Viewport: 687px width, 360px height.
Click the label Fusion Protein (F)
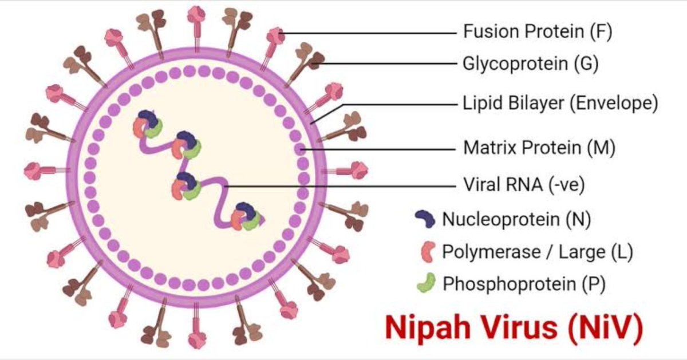[x=537, y=31]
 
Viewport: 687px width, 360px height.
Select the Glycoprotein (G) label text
[x=530, y=64]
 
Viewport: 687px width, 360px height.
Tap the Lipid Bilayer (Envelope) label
[x=560, y=104]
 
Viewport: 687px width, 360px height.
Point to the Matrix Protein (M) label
[x=539, y=148]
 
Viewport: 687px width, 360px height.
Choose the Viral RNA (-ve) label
[x=523, y=185]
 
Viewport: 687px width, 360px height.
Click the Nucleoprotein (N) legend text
[x=516, y=219]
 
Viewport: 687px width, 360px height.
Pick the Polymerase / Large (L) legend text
[x=537, y=251]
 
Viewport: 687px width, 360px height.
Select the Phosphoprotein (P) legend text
[x=524, y=284]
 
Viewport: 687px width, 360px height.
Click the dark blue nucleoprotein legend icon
[x=424, y=217]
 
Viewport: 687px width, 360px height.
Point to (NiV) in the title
[x=605, y=327]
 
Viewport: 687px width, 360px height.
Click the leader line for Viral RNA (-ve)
[x=343, y=185]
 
